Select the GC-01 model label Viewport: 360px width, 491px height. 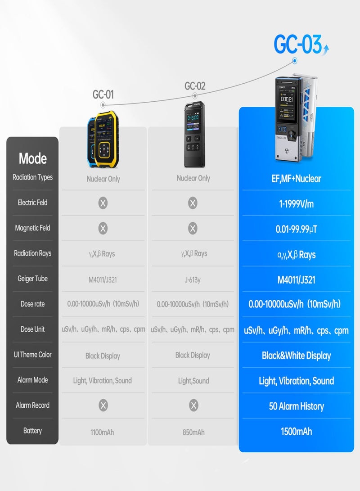point(103,94)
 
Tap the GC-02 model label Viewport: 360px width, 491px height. point(195,86)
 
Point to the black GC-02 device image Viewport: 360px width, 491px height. point(194,134)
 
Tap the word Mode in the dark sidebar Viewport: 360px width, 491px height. point(32,158)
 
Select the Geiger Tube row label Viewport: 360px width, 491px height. point(32,279)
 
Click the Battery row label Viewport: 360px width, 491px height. point(32,431)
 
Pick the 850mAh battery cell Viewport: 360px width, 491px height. point(193,432)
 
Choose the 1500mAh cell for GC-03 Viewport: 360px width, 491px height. point(296,432)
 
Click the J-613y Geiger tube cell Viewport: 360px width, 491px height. point(193,279)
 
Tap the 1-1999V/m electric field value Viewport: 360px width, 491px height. point(296,204)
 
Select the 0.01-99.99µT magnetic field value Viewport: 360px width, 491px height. point(296,229)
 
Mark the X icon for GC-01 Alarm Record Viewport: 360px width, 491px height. point(103,405)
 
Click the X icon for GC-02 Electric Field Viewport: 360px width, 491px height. point(193,203)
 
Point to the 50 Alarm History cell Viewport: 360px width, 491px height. point(296,406)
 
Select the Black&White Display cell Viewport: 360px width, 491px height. point(296,356)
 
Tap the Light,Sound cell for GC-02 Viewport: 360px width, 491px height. point(193,381)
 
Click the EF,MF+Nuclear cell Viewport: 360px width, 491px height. point(296,179)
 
